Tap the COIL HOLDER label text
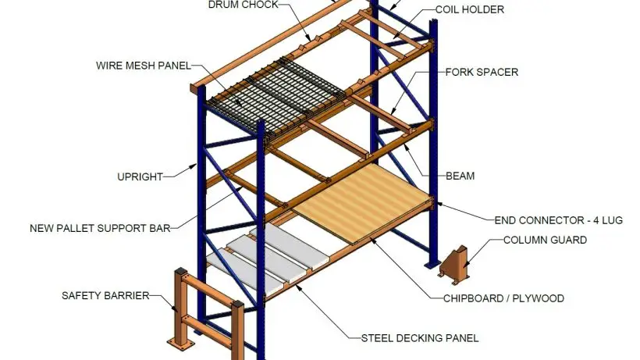tap(470, 10)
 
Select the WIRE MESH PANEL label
tap(144, 65)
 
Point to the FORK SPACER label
tap(482, 73)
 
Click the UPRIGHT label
tap(140, 177)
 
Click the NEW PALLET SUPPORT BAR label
tap(100, 229)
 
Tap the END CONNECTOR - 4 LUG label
tap(559, 220)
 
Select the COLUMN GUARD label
tap(545, 241)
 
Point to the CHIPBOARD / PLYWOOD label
tap(503, 298)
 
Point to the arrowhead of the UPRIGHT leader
tap(197, 166)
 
